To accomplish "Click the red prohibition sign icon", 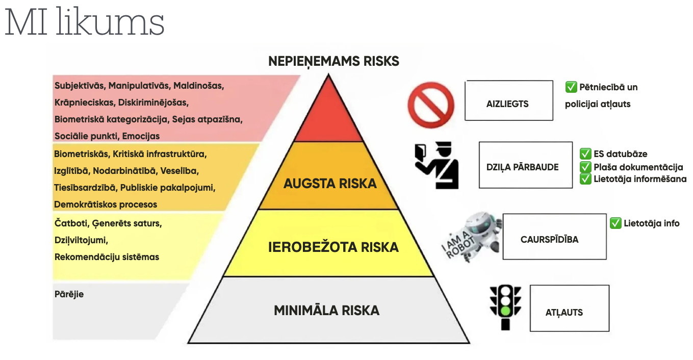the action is tap(431, 105).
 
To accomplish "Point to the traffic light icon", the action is tap(505, 307).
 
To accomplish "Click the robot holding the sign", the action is tap(472, 237).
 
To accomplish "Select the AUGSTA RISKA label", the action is tap(330, 184).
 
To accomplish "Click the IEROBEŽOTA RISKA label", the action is tap(333, 247).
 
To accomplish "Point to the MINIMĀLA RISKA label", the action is tap(327, 311).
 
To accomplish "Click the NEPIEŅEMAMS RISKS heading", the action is tap(334, 61).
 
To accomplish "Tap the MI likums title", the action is tap(84, 22).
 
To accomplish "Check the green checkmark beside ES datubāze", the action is tap(585, 153).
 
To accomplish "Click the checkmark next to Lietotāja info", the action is tap(615, 223).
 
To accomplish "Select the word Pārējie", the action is tap(69, 294).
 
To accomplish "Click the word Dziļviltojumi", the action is tap(82, 240).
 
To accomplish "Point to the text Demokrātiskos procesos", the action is tap(106, 204).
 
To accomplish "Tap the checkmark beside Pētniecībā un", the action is tap(571, 87).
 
